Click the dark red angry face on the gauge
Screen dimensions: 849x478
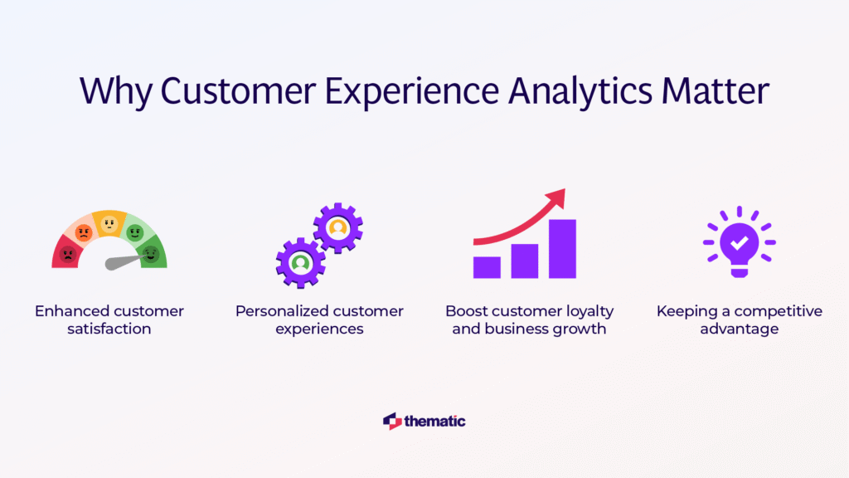click(x=68, y=254)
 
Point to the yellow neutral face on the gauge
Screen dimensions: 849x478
click(x=109, y=223)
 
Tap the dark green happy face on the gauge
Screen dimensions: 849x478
click(x=151, y=254)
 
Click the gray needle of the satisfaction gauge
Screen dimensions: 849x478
click(x=124, y=261)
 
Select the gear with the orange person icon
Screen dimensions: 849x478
click(x=338, y=228)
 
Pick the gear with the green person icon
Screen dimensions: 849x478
click(x=300, y=263)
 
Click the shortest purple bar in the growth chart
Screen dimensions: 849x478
click(x=487, y=267)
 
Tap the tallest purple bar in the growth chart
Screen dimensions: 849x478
click(x=563, y=249)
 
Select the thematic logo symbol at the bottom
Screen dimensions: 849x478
click(x=392, y=421)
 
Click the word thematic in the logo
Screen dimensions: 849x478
click(x=434, y=421)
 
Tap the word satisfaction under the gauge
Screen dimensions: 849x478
click(x=109, y=329)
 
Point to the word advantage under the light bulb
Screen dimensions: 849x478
click(x=739, y=329)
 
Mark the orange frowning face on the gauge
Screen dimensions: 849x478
click(x=84, y=233)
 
